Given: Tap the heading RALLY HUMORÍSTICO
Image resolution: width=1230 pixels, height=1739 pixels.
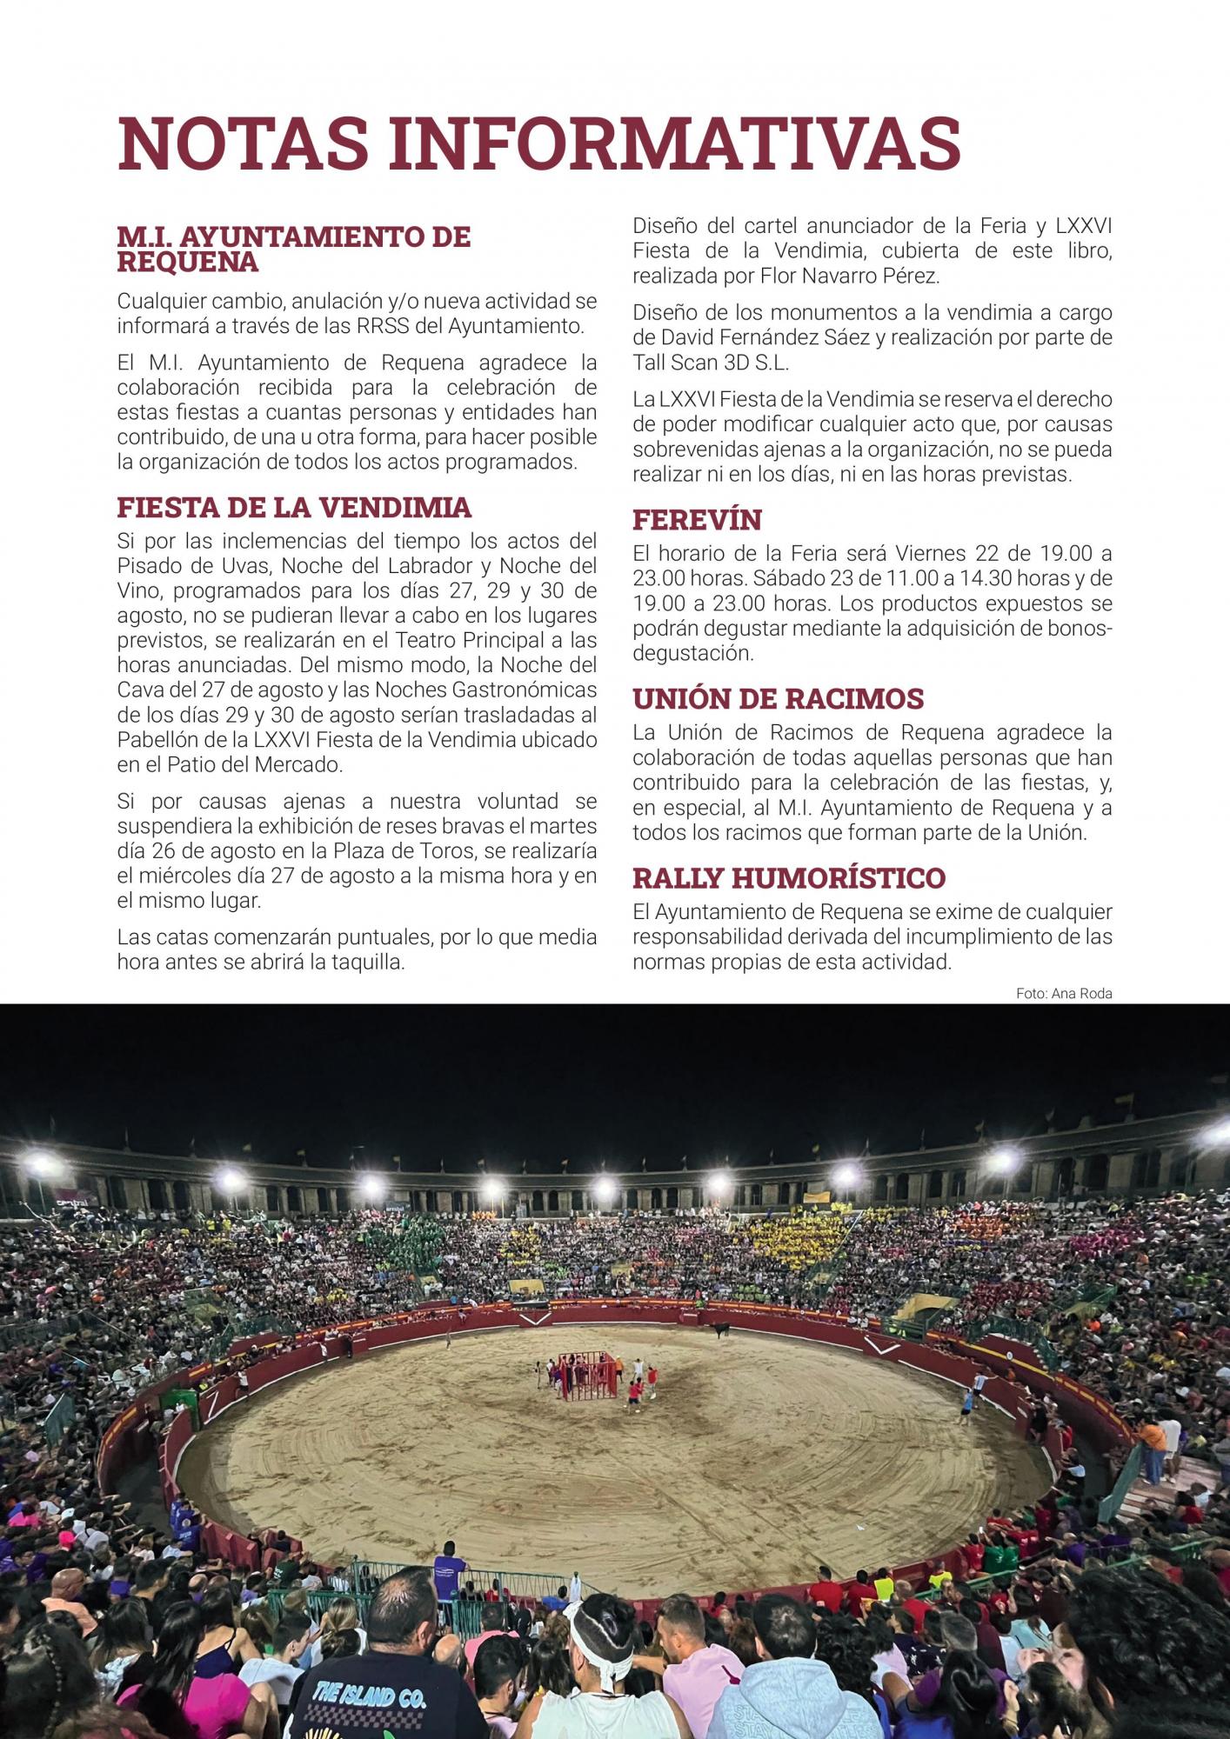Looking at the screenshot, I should [x=788, y=878].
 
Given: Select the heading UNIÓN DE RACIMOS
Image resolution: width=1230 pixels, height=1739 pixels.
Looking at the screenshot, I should [x=778, y=699].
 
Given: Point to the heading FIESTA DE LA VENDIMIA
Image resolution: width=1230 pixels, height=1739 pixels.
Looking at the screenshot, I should [x=294, y=508].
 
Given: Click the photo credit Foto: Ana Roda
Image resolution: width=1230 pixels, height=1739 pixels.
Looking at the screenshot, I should [x=1063, y=994].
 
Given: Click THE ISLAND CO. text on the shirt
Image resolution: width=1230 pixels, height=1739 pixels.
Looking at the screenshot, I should [x=368, y=1667].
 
